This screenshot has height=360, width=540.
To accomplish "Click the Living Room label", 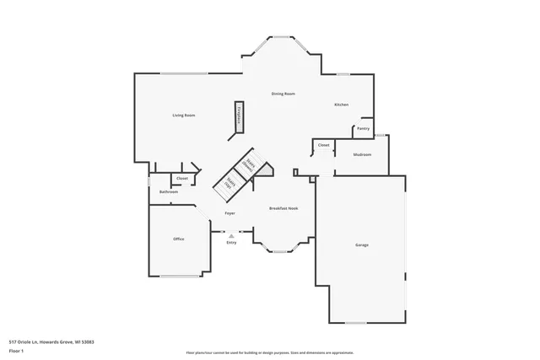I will pos(184,115).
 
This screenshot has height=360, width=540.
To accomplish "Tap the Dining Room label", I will pos(283,94).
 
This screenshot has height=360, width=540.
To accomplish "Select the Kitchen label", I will pos(341,105).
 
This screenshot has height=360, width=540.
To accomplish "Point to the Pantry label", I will pos(363,129).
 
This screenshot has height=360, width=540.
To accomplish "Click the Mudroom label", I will pos(363,155).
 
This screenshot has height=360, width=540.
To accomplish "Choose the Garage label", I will pos(361,244).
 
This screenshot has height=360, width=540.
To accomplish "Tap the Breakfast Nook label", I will pos(283,208).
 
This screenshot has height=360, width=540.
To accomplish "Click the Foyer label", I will pos(229,213).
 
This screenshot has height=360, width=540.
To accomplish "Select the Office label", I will pos(179,239).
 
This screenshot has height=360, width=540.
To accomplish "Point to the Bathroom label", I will pos(169,192).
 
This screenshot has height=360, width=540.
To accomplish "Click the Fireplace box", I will pos(239,116).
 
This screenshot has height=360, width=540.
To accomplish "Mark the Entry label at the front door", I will pos(231,243).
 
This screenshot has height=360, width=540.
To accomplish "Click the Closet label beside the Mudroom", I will pos(323,146).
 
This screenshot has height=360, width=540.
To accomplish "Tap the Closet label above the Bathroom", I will pos(181,179).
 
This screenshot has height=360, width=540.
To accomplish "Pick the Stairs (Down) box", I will pos(248,164).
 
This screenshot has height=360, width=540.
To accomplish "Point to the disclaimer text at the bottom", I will pos(269,352).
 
